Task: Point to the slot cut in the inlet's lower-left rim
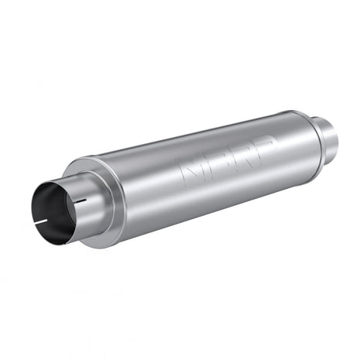pos(42,227)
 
